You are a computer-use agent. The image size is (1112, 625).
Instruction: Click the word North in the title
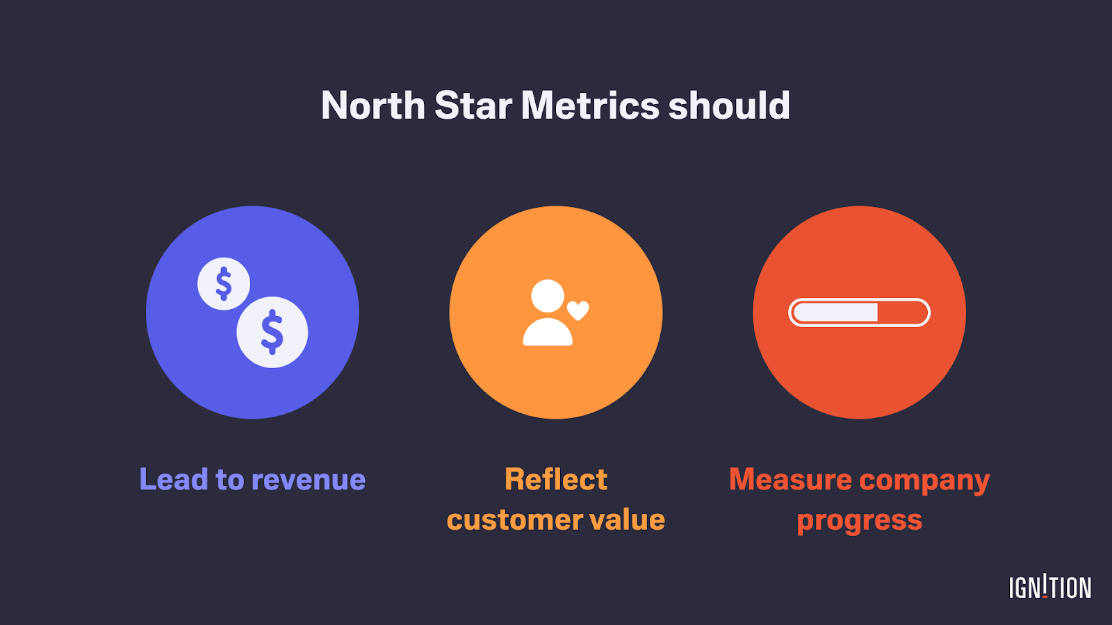pyautogui.click(x=373, y=106)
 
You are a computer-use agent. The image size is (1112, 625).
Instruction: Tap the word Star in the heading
pyautogui.click(x=473, y=106)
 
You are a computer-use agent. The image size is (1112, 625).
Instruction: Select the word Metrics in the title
pyautogui.click(x=590, y=106)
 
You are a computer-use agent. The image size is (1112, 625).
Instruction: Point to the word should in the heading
pyautogui.click(x=729, y=106)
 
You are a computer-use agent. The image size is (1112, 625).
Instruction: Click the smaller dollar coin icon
pyautogui.click(x=224, y=283)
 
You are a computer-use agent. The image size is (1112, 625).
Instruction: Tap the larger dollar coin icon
pyautogui.click(x=272, y=332)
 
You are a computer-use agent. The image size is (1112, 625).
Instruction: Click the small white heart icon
pyautogui.click(x=578, y=310)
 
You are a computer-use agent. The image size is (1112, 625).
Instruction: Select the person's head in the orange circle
pyautogui.click(x=548, y=296)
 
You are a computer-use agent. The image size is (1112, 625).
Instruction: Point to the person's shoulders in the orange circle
pyautogui.click(x=548, y=333)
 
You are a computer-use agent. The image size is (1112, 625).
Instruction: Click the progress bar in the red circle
pyautogui.click(x=859, y=312)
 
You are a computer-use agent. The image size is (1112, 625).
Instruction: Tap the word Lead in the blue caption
pyautogui.click(x=174, y=480)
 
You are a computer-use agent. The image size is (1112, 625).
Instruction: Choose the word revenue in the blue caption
pyautogui.click(x=309, y=480)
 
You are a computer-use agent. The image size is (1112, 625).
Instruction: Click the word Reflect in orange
pyautogui.click(x=556, y=480)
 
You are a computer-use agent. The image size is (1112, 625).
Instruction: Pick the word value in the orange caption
pyautogui.click(x=627, y=520)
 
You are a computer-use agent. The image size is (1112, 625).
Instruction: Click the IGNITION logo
pyautogui.click(x=1050, y=587)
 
